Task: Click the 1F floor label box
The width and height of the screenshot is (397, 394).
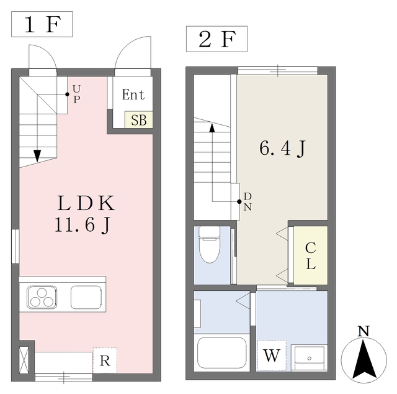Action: [x=42, y=25]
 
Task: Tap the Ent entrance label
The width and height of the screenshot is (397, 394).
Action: [x=133, y=95]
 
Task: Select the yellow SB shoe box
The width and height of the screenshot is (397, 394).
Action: [x=139, y=120]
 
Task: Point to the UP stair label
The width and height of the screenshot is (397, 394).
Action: [x=76, y=95]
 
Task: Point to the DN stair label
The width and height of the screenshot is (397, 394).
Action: [x=247, y=202]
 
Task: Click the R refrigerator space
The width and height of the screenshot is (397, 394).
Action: [x=105, y=359]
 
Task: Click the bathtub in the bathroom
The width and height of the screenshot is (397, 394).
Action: [x=222, y=353]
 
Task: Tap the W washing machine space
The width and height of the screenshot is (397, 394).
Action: [x=272, y=356]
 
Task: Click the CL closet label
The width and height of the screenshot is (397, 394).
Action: [x=310, y=255]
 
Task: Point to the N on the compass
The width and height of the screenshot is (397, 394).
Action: [x=364, y=331]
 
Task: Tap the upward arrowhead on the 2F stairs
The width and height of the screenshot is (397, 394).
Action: [x=212, y=127]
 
